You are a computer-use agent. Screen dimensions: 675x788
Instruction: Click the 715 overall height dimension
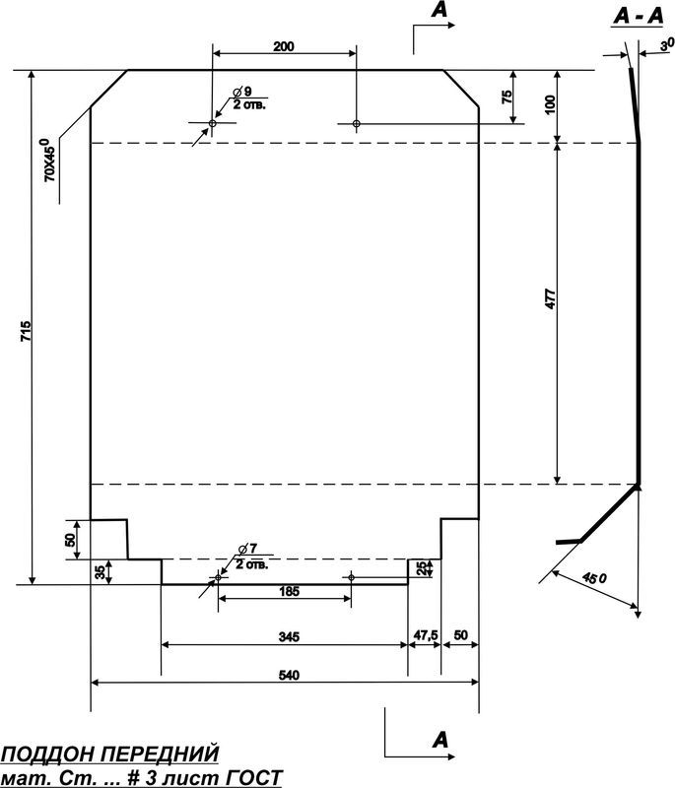tap(27, 332)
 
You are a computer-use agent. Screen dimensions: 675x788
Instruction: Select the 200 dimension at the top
tap(284, 46)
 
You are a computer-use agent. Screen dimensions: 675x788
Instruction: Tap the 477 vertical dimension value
tap(551, 298)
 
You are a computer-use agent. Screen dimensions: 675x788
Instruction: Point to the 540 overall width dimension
tap(289, 675)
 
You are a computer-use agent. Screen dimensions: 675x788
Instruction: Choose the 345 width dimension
tap(289, 637)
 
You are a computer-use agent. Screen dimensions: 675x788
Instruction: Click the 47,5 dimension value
tap(426, 635)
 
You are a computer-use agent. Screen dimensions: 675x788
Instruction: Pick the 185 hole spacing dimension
tap(289, 592)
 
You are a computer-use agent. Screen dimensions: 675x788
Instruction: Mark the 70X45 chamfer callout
tap(50, 160)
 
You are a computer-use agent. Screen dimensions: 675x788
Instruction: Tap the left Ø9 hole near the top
tap(212, 123)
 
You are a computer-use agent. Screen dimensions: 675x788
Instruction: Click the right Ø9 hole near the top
tap(357, 123)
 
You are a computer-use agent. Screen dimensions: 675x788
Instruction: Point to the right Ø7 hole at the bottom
tap(352, 577)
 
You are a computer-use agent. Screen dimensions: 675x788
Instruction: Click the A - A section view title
tap(639, 17)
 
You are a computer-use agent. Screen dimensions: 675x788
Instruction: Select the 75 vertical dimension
tap(506, 97)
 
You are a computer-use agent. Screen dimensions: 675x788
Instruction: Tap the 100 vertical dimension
tap(551, 104)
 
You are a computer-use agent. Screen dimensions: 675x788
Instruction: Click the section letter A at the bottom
tap(439, 740)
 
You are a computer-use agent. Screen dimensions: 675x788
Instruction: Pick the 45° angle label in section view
tap(594, 577)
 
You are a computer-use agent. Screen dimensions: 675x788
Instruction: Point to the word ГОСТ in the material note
tap(256, 778)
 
